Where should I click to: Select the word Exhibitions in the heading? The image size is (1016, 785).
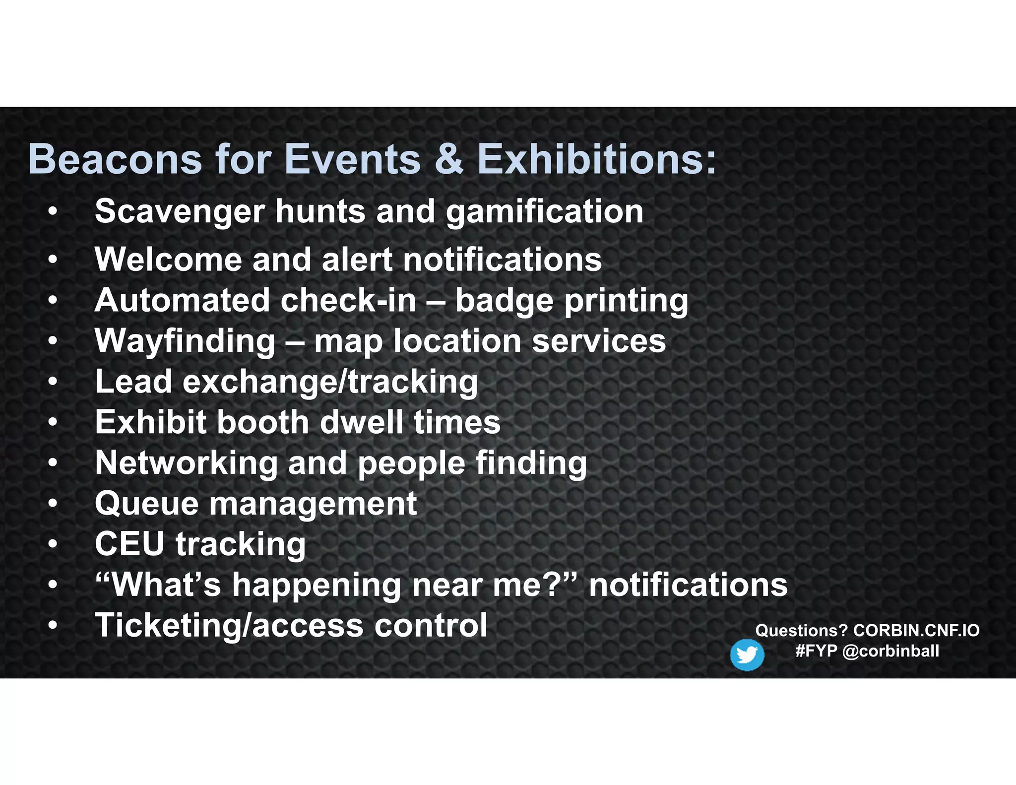point(597,160)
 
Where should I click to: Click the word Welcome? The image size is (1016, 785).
point(168,260)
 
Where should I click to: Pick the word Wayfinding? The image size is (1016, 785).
point(185,342)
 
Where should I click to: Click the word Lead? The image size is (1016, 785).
point(133,382)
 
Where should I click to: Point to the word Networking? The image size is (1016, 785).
point(187,463)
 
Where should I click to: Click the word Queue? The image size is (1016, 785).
point(147,504)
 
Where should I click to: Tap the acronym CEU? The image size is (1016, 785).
point(129,544)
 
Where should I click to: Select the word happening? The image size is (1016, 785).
point(317,586)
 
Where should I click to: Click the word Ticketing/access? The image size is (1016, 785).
point(229,626)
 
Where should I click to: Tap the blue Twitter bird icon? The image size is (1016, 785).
point(747,655)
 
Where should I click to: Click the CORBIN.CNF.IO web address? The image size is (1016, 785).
point(916,631)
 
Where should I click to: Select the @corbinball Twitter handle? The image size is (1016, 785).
point(890,651)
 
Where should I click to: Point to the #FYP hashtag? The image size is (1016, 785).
point(816,651)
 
